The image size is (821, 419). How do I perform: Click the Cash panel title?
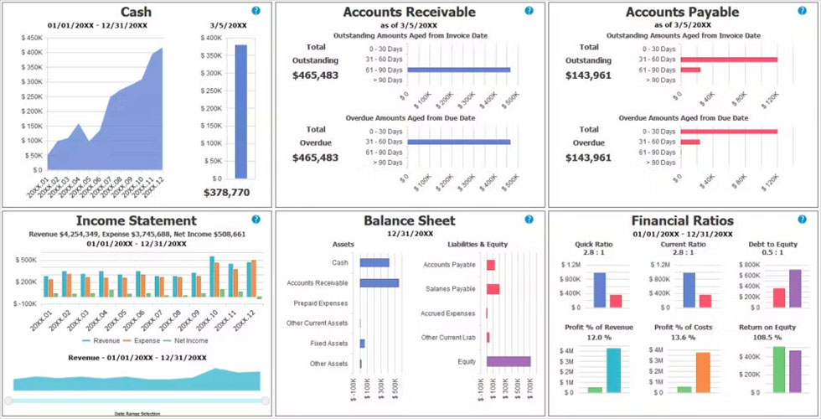point(136,12)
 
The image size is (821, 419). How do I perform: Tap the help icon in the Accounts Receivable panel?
point(529,11)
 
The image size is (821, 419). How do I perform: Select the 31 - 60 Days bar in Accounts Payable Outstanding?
point(729,59)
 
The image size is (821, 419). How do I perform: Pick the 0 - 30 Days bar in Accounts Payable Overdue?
point(729,132)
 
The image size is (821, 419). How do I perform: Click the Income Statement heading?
point(137,220)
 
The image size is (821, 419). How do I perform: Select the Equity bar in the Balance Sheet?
point(509,361)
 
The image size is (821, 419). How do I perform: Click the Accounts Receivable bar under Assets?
point(380,283)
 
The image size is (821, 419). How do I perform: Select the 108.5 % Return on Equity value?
point(766,337)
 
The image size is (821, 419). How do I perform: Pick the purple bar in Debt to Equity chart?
point(795,288)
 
